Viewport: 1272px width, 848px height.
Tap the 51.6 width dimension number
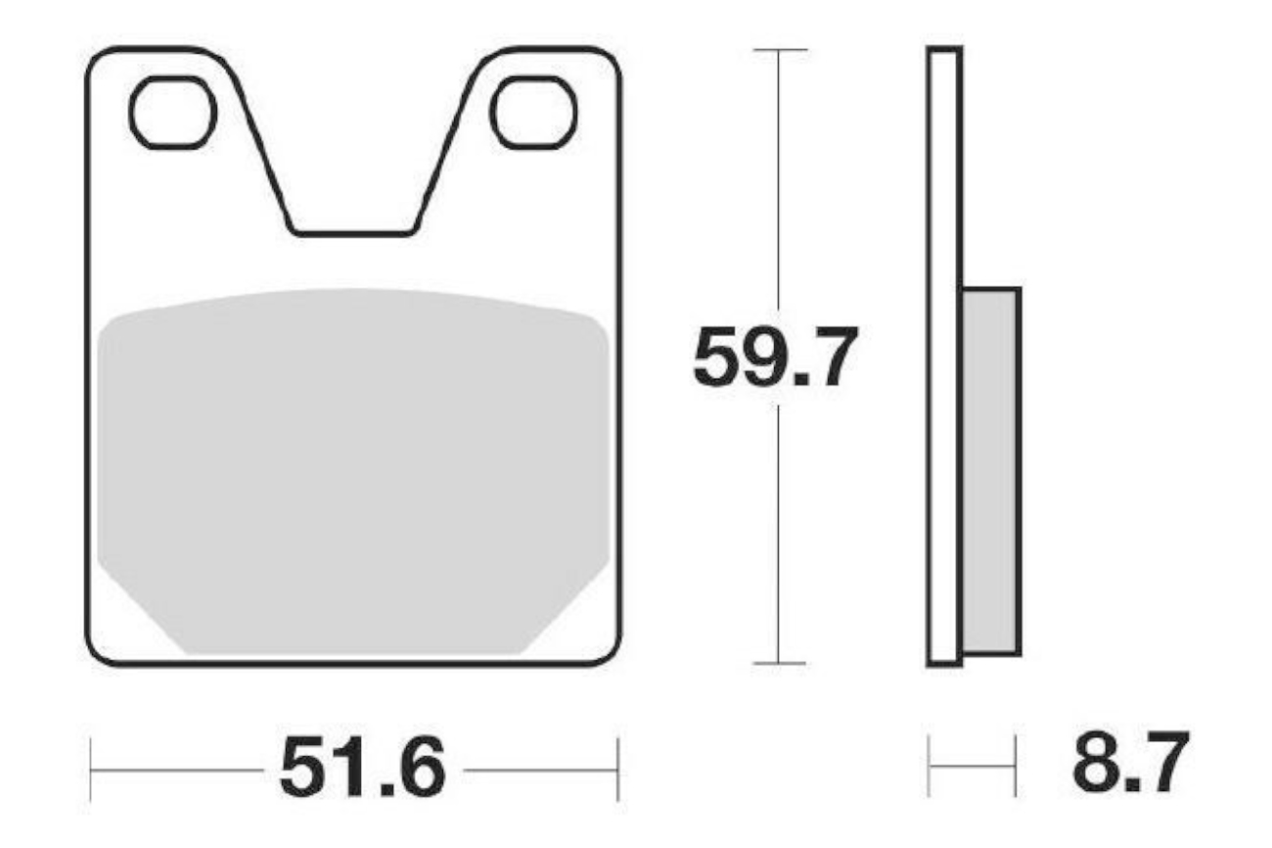(x=363, y=768)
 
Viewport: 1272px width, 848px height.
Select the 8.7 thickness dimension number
(x=1130, y=763)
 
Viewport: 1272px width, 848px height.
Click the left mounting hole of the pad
(x=173, y=112)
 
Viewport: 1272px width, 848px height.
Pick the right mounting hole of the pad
(x=534, y=112)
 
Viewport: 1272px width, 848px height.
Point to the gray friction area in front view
(x=353, y=471)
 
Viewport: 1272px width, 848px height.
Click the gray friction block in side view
(x=991, y=471)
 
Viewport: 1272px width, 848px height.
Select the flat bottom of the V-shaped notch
(x=353, y=233)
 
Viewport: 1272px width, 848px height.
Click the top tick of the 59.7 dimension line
(x=780, y=50)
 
